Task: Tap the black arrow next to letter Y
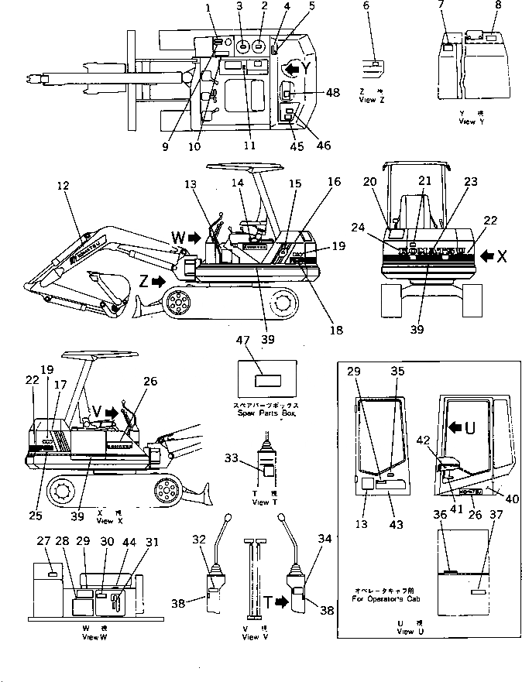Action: (x=289, y=69)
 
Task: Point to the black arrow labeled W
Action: (x=194, y=237)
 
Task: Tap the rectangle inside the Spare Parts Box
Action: (x=267, y=380)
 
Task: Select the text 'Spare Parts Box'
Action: (x=267, y=415)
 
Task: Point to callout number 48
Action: (x=333, y=93)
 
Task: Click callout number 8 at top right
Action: (x=498, y=5)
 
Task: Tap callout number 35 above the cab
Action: (x=399, y=372)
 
